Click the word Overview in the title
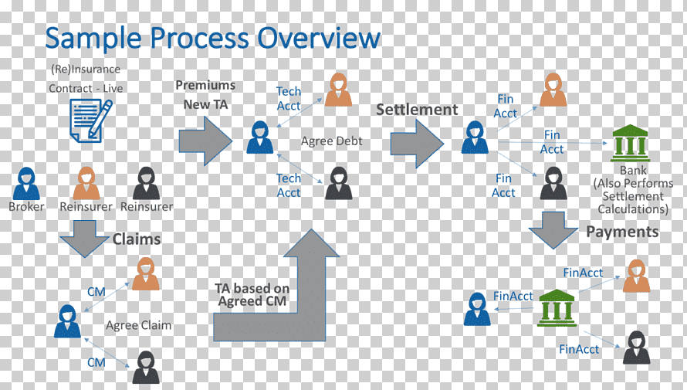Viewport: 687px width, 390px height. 319,37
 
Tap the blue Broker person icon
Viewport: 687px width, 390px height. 26,184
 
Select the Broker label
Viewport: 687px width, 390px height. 26,207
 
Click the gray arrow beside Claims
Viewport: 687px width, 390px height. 85,239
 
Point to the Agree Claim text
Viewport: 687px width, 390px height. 138,325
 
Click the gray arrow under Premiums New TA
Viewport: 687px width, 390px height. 205,141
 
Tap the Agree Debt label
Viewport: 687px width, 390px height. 332,141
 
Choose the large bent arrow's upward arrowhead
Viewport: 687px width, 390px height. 312,242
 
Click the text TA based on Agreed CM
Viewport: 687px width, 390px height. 252,294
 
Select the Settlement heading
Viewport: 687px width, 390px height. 417,110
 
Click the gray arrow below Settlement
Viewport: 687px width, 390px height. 417,144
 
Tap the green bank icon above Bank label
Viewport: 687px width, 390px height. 630,144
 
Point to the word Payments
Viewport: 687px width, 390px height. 622,232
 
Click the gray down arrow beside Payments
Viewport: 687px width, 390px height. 553,230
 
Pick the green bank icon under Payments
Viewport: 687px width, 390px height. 557,307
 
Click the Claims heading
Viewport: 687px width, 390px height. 137,239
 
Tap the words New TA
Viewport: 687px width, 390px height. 205,104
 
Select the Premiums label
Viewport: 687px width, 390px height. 205,85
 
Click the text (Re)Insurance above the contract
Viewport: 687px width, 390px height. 86,70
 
